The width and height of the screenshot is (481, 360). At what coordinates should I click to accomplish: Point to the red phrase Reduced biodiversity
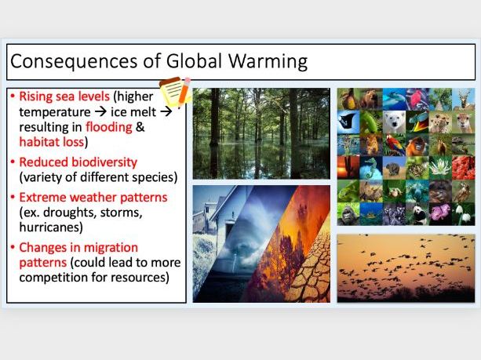(x=78, y=162)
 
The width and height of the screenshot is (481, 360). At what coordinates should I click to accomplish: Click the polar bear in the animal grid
(x=395, y=122)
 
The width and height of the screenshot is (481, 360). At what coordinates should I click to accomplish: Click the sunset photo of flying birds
(x=405, y=267)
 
